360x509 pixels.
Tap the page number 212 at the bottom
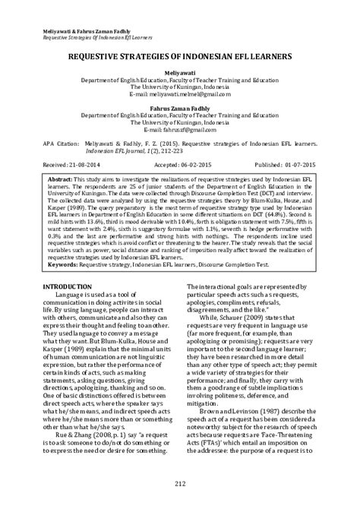(180, 484)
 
